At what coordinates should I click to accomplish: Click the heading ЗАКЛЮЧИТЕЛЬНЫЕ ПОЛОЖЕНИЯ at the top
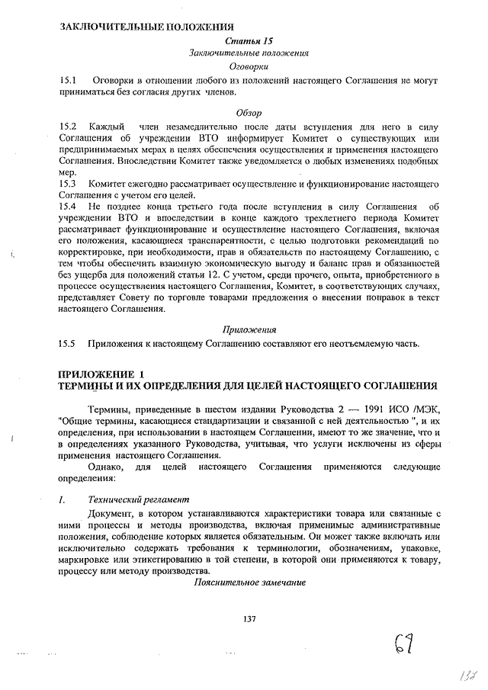[x=146, y=27]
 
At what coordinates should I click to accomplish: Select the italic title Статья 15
[x=249, y=40]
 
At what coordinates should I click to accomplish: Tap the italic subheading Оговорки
[x=249, y=67]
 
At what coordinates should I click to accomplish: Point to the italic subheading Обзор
[x=249, y=112]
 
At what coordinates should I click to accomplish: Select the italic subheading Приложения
[x=249, y=329]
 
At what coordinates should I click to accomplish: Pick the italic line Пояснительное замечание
[x=249, y=582]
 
